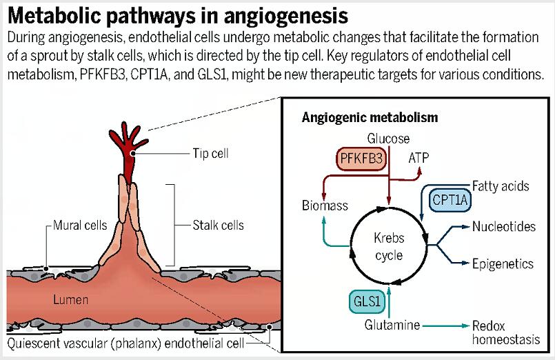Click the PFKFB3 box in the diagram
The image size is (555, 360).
361,160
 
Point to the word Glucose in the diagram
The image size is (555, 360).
388,139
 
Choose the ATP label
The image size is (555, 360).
418,158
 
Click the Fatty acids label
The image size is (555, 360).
501,186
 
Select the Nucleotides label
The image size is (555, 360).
504,227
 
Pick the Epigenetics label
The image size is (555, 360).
503,263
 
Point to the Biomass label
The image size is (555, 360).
325,206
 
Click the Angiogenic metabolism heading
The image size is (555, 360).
370,117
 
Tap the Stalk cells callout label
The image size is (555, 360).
218,225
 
